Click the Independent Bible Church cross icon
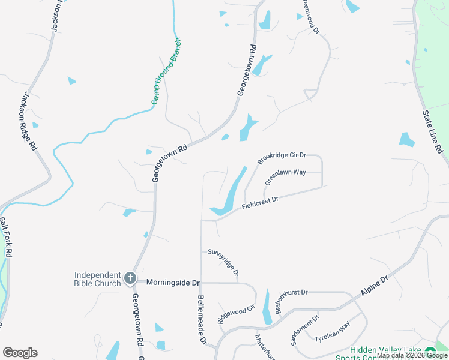pos(130,278)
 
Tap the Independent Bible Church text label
pos(98,279)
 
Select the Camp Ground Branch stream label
pos(165,71)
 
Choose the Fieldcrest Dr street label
pos(261,202)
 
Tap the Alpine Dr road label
pos(375,286)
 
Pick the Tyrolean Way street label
pos(337,331)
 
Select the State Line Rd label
pos(432,130)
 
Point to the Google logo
pos(20,353)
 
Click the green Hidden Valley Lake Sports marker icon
pos(430,352)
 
